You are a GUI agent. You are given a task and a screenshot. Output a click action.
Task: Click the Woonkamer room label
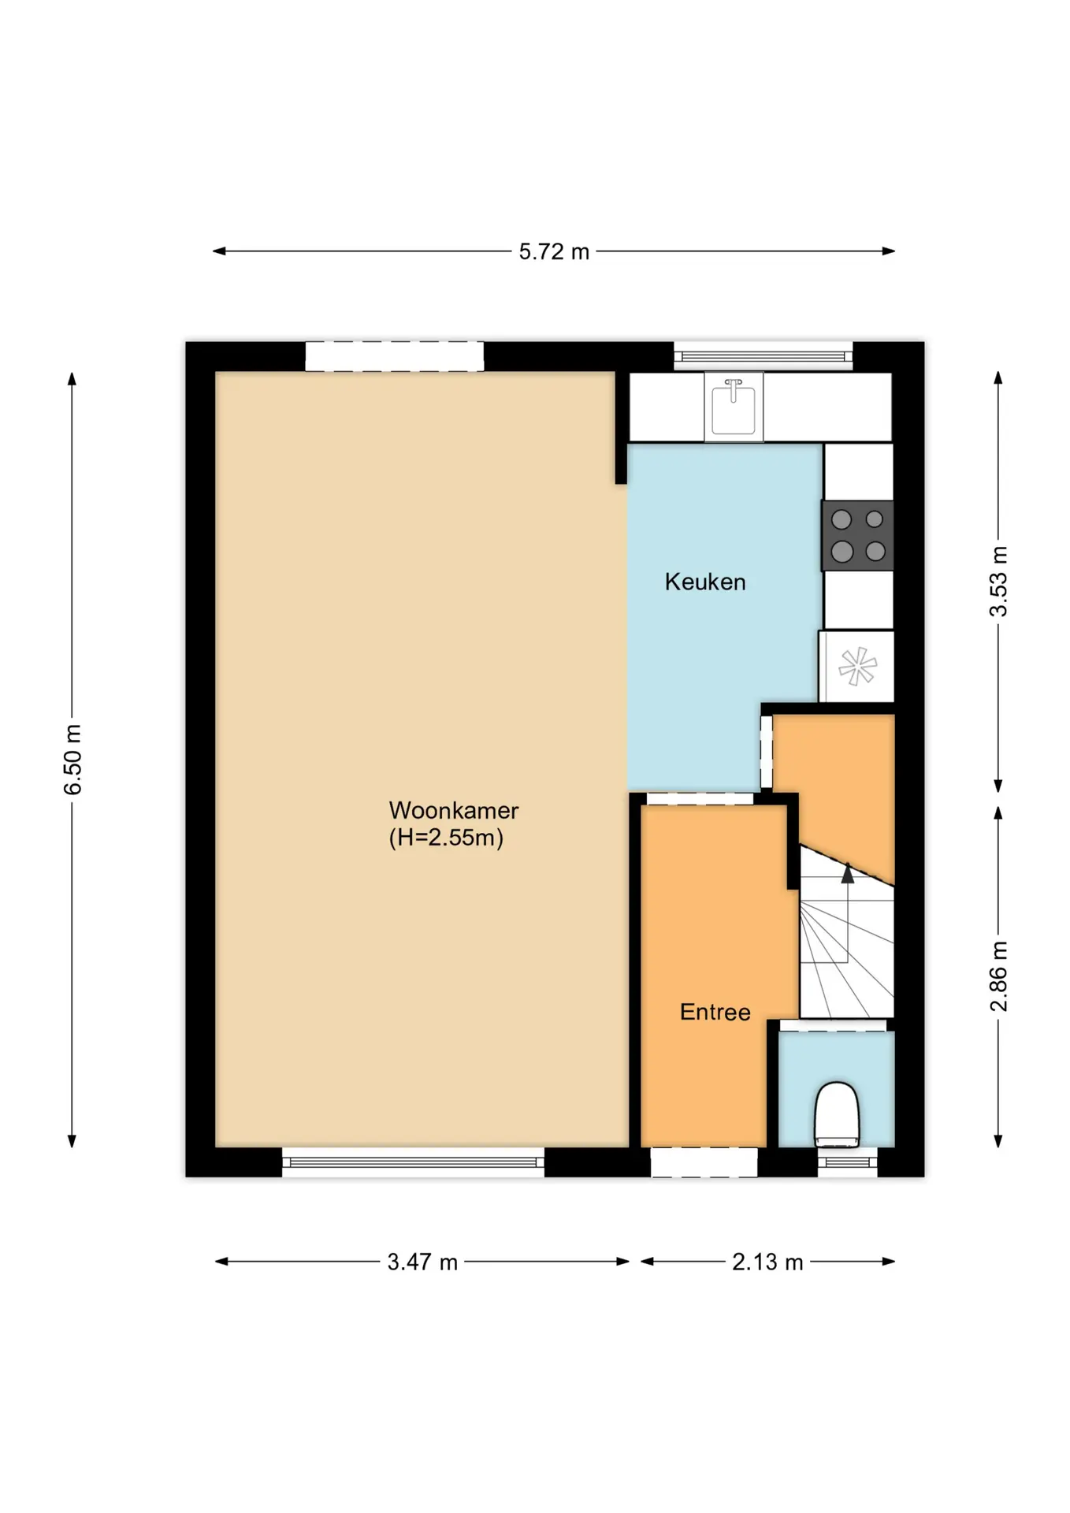click(453, 810)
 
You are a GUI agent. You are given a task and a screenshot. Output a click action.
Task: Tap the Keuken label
click(705, 582)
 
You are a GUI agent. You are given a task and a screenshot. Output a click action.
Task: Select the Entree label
click(715, 1012)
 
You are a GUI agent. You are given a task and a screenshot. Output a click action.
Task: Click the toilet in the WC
click(836, 1114)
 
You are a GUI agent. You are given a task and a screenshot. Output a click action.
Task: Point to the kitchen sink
click(734, 407)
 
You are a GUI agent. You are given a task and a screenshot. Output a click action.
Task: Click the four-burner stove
click(858, 536)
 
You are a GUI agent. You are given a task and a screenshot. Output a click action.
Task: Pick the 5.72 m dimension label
click(554, 251)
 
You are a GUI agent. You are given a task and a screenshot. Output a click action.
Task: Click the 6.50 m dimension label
click(72, 759)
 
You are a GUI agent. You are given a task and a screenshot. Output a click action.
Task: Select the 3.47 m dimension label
click(422, 1262)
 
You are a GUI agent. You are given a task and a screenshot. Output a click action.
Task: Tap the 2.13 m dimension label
click(767, 1262)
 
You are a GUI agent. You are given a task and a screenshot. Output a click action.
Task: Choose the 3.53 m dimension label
click(998, 581)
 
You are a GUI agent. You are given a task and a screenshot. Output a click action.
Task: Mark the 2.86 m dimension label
click(998, 976)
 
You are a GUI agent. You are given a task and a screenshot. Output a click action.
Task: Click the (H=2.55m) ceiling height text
click(446, 837)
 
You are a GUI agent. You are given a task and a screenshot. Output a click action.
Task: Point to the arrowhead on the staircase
click(848, 874)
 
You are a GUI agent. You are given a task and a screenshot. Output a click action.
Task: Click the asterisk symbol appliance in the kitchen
click(857, 666)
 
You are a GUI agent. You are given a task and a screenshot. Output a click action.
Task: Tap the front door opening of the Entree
click(704, 1162)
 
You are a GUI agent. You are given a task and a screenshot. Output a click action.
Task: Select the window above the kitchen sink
click(763, 356)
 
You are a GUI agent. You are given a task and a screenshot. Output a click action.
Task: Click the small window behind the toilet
click(847, 1162)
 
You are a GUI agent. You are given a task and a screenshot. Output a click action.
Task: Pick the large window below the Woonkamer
click(413, 1162)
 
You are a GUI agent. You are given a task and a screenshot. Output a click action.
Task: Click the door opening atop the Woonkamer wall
click(395, 356)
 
